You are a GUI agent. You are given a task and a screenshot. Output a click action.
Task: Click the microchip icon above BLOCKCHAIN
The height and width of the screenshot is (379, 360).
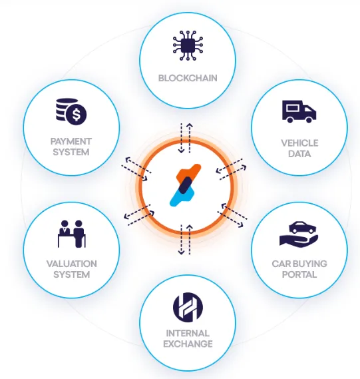(188, 45)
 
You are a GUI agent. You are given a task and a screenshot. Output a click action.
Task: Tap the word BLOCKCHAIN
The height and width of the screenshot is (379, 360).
(188, 78)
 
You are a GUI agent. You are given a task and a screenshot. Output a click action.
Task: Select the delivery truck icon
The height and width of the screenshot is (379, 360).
(299, 112)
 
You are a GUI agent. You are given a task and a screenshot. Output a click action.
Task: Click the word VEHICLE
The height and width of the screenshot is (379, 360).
(299, 143)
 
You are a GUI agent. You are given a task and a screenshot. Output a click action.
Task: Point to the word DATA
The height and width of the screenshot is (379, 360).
(299, 154)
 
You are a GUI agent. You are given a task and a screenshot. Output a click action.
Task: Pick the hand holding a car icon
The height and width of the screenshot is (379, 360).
(299, 234)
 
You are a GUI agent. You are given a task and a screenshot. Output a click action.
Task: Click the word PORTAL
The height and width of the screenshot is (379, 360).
(299, 274)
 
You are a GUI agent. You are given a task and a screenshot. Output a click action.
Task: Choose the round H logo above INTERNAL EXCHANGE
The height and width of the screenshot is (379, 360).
(188, 307)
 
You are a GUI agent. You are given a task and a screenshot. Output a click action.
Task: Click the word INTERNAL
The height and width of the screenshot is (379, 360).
(188, 333)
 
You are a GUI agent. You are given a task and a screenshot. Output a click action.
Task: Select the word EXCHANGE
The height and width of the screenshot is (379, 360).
(188, 344)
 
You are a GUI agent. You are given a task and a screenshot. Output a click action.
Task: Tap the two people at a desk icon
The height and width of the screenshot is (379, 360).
(72, 234)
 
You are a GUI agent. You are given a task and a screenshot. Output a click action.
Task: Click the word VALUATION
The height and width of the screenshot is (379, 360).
(72, 264)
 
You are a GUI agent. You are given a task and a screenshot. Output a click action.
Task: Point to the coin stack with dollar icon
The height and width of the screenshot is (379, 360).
(71, 112)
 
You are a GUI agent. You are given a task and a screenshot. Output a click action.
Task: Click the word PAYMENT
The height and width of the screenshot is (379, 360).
(71, 141)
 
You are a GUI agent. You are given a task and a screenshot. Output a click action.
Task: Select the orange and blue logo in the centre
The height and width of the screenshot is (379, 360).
(186, 185)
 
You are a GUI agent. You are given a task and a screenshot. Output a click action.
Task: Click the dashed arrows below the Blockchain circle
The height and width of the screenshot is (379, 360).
(186, 138)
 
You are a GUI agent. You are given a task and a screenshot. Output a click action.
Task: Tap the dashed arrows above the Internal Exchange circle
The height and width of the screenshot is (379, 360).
(186, 240)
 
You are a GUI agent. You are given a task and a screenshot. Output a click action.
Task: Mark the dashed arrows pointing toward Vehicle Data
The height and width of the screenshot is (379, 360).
(231, 169)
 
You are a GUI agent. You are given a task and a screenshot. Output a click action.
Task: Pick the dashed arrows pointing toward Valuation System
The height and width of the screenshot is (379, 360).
(139, 215)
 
